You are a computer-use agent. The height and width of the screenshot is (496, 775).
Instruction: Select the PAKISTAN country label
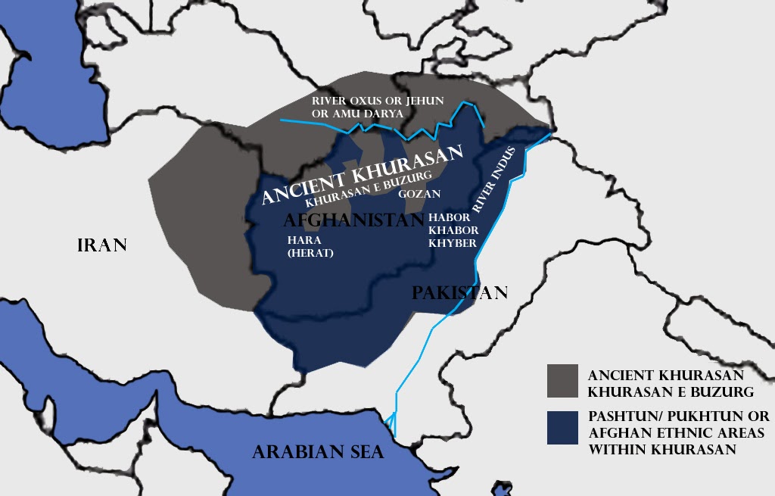click(x=459, y=293)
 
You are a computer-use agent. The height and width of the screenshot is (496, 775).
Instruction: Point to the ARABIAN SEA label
click(x=318, y=452)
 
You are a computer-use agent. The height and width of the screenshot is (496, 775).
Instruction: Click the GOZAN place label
click(x=419, y=194)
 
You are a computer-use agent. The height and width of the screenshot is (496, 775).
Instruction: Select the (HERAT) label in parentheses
click(x=310, y=253)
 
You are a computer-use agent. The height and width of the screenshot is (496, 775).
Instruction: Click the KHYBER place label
click(x=453, y=242)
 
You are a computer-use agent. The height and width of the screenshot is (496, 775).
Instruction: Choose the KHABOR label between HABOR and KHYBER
click(x=453, y=229)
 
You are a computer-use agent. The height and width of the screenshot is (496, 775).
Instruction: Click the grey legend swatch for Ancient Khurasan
click(x=562, y=381)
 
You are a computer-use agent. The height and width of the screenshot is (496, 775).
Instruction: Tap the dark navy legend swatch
click(x=562, y=427)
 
